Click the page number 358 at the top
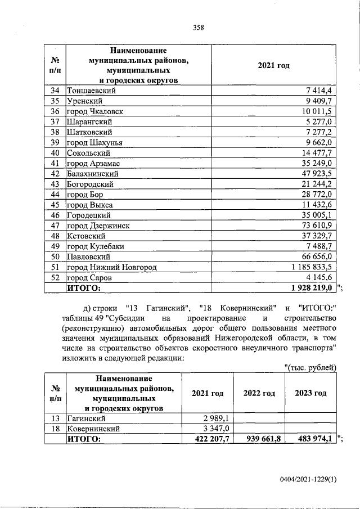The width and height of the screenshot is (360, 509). point(198,26)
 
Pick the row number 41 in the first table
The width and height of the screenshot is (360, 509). point(55,163)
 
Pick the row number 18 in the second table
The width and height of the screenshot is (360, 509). point(55,428)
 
